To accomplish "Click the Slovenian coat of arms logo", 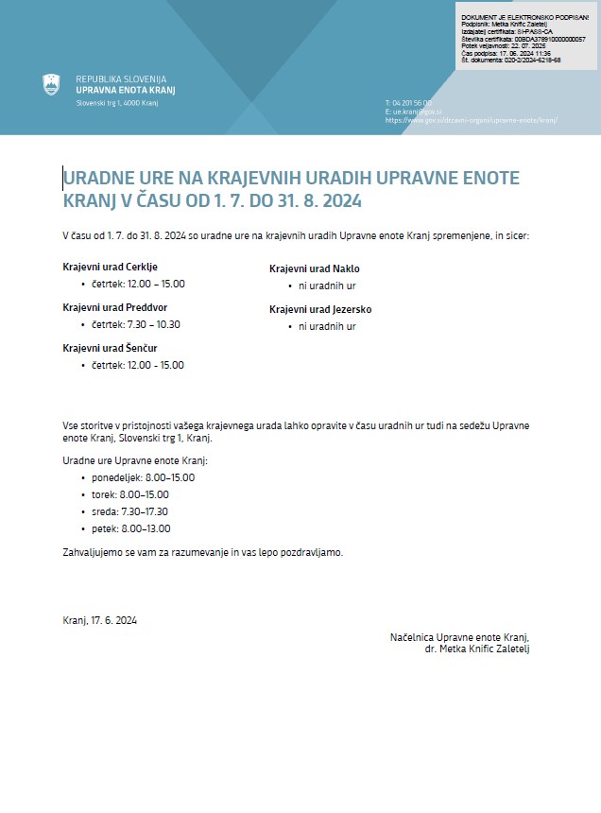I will click(51, 84).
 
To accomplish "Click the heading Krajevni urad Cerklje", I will click(110, 267).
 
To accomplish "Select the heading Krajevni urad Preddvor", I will click(115, 307).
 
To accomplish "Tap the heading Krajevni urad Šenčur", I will click(110, 348).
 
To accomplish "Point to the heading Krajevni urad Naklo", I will click(314, 268).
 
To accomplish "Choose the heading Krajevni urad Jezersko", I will click(320, 309).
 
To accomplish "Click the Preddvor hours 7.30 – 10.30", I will click(136, 324).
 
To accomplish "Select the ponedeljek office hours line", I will click(143, 477).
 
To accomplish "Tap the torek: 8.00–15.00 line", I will click(130, 494).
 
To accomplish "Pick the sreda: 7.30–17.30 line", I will click(130, 511).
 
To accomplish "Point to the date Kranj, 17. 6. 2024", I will click(100, 620).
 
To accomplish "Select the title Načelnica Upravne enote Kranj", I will click(459, 637).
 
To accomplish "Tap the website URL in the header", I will click(472, 121).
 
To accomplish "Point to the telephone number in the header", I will click(408, 102).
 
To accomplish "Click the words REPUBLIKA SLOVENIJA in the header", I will click(121, 78).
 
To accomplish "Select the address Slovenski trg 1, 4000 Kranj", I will click(116, 102).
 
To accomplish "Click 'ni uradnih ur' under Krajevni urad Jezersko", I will click(327, 326).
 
